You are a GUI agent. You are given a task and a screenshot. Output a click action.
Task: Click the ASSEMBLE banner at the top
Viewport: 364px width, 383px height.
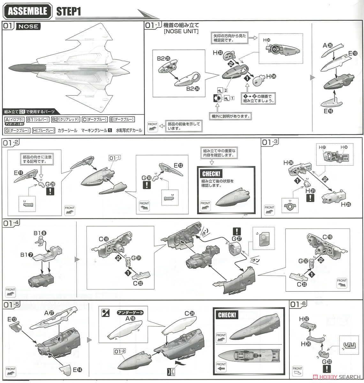pyautogui.click(x=27, y=11)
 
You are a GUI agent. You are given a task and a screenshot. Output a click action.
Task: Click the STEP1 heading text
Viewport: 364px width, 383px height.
pyautogui.click(x=68, y=11)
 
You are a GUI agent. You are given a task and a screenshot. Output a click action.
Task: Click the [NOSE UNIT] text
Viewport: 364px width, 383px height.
pyautogui.click(x=181, y=31)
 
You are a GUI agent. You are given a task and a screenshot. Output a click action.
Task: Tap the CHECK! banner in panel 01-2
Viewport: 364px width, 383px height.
pyautogui.click(x=211, y=174)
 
